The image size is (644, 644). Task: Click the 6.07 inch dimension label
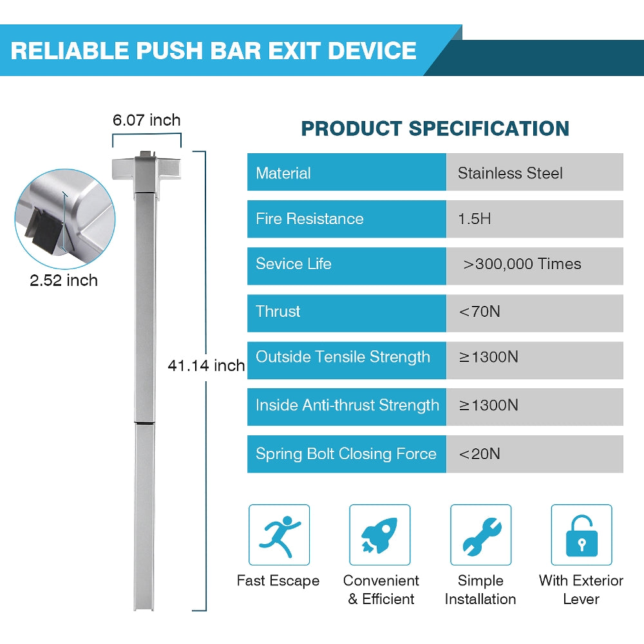pyautogui.click(x=147, y=120)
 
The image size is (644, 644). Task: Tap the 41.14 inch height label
pyautogui.click(x=206, y=365)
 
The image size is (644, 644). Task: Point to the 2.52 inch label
pyautogui.click(x=64, y=281)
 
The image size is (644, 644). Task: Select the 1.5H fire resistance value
pyautogui.click(x=475, y=219)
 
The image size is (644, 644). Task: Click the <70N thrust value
pyautogui.click(x=479, y=311)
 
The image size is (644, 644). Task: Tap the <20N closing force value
pyautogui.click(x=479, y=454)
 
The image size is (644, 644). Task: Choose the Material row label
pyautogui.click(x=283, y=173)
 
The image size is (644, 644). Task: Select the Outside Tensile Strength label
pyautogui.click(x=343, y=357)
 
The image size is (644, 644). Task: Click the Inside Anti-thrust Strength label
pyautogui.click(x=347, y=405)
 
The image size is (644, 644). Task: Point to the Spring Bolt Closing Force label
pyautogui.click(x=346, y=454)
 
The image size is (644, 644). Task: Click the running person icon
pyautogui.click(x=279, y=535)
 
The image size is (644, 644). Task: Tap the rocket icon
pyautogui.click(x=380, y=535)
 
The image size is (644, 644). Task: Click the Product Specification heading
pyautogui.click(x=435, y=129)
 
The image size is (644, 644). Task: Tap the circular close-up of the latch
pyautogui.click(x=65, y=219)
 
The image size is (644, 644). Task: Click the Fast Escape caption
pyautogui.click(x=278, y=581)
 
